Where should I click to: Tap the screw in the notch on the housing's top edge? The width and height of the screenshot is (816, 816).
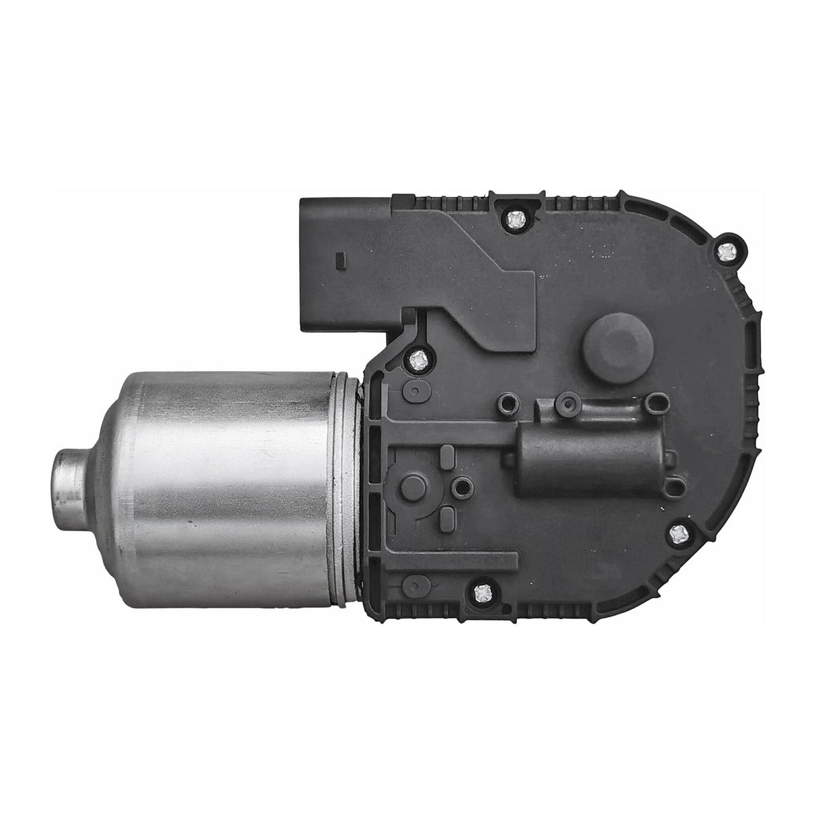(x=516, y=218)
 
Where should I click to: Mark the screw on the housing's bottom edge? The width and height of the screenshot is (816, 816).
(x=482, y=591)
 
